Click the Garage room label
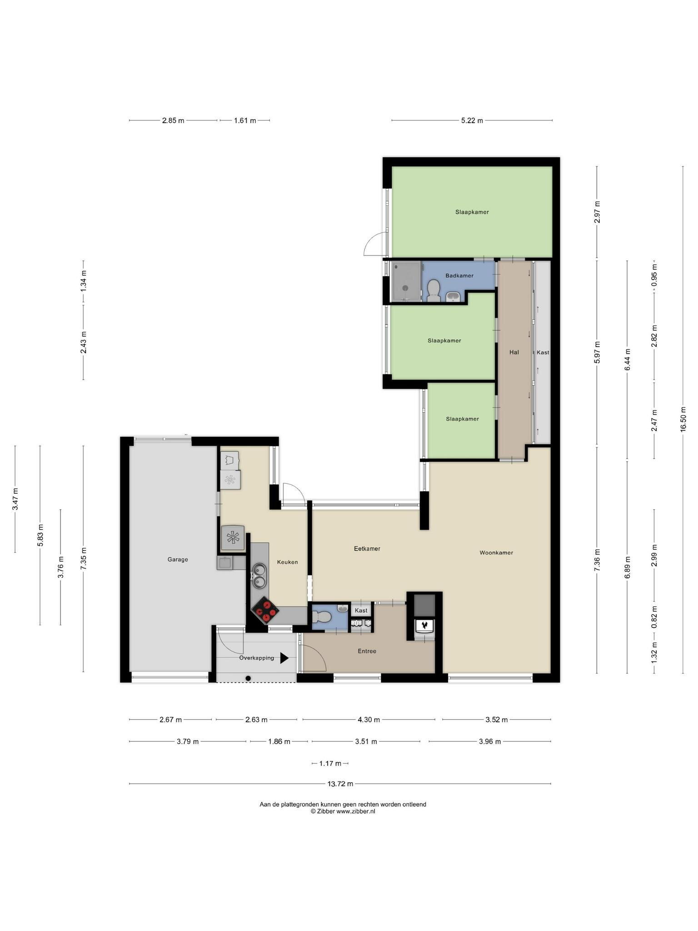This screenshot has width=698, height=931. point(178,560)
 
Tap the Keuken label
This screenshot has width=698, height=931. point(288,562)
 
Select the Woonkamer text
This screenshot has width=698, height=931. point(496,553)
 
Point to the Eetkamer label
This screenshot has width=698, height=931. point(367,549)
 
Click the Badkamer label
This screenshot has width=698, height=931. point(459,275)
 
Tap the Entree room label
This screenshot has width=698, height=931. point(367,651)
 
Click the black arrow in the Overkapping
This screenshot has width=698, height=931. point(284,658)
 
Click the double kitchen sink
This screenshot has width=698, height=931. point(259,575)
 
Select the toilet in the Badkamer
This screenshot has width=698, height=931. point(434,290)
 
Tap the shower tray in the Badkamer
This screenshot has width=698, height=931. point(406,281)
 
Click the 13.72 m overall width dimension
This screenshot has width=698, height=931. point(340,784)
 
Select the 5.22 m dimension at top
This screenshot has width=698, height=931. point(472,120)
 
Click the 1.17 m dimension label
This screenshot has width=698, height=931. point(330,763)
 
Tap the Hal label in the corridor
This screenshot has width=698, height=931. point(514,352)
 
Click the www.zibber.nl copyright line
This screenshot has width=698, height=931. point(343,811)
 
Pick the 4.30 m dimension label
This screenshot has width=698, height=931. point(369,720)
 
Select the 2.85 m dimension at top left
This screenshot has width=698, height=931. point(173,120)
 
